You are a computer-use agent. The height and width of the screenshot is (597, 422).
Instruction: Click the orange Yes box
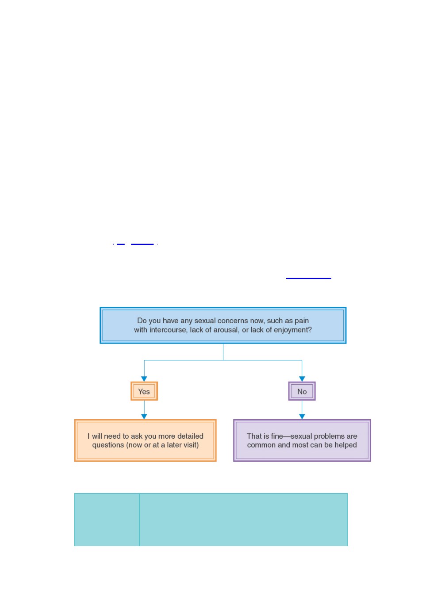coord(144,391)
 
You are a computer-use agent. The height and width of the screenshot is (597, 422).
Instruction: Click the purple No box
coord(302,391)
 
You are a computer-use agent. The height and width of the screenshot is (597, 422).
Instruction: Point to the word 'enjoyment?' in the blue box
coord(292,330)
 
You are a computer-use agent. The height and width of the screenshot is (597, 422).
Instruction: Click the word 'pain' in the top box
coord(302,321)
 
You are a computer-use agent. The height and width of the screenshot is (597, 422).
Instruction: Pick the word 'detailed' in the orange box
coord(190,436)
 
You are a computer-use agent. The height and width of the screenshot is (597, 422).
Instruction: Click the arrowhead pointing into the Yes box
coord(144,379)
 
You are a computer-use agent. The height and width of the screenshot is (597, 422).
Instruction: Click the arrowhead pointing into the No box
coord(302,379)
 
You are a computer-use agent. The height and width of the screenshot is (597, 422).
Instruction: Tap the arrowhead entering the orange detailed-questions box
coord(144,417)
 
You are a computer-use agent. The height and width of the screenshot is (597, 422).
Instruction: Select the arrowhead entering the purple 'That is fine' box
coord(302,417)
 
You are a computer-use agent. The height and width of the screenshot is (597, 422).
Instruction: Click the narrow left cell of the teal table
coord(107,520)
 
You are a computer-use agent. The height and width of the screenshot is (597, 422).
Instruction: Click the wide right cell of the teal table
coord(243,520)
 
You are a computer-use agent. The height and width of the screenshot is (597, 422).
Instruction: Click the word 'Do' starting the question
coord(142,321)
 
